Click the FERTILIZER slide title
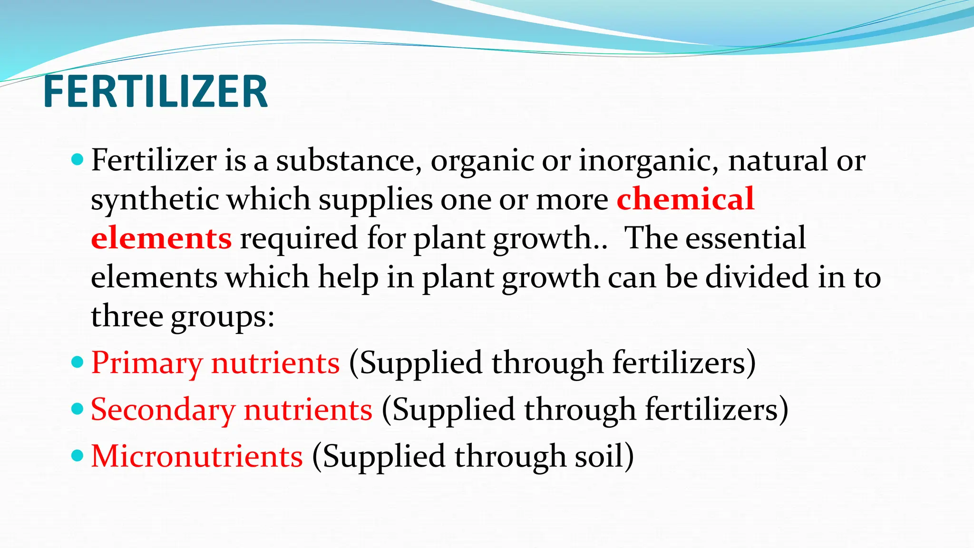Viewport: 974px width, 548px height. coord(156,91)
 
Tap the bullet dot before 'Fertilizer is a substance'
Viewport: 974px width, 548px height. coord(77,159)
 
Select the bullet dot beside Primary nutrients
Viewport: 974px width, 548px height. coord(77,362)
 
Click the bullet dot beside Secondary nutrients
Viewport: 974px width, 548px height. coord(77,409)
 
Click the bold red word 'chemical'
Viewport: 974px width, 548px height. coord(685,198)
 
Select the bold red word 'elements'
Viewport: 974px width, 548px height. coord(161,238)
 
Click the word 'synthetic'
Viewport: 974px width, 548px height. coord(154,199)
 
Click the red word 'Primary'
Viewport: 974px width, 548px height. coord(146,363)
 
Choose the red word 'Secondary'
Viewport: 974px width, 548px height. coord(163,410)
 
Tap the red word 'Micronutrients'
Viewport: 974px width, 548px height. coord(196,456)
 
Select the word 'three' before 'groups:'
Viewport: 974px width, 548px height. coord(127,316)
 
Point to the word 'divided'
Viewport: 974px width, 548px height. coord(757,277)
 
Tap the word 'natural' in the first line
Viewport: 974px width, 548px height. coord(778,160)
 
